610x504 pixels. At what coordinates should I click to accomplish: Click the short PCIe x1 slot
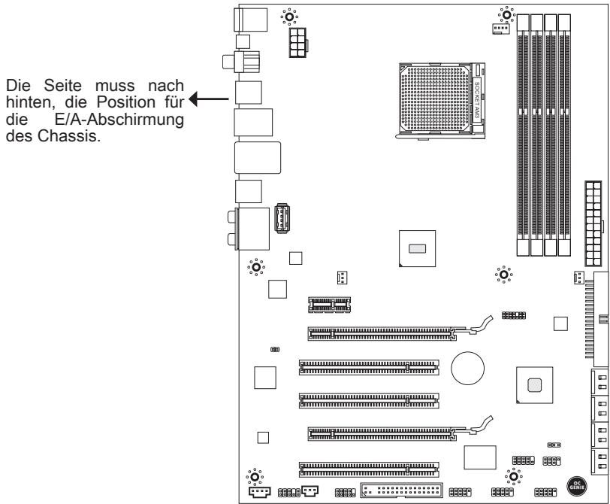330,305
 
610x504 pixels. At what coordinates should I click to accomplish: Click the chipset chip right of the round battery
534,384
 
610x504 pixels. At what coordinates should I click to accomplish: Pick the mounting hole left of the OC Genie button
514,475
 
